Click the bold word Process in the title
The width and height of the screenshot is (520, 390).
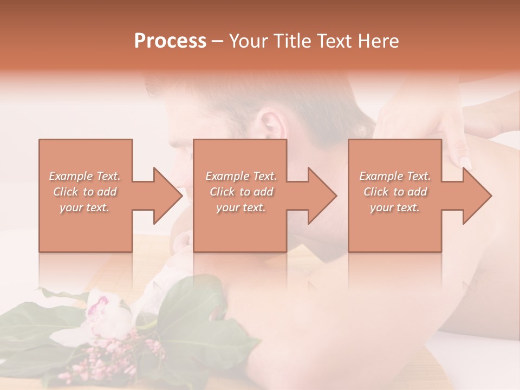(170, 41)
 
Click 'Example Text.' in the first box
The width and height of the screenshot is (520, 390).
(85, 176)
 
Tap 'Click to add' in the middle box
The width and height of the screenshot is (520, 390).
(241, 192)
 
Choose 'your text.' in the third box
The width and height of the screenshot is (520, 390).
(395, 207)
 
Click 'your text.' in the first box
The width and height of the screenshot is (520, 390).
(85, 207)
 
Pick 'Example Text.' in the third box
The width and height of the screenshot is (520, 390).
(395, 176)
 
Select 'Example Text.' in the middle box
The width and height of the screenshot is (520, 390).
(241, 176)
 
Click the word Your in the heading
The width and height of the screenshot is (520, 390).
(248, 41)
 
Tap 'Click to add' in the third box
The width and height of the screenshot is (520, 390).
(395, 192)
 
